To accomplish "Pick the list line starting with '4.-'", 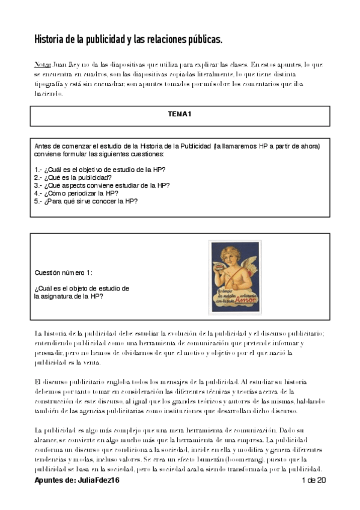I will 76,194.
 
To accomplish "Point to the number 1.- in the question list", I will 39,170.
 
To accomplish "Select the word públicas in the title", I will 201,40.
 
